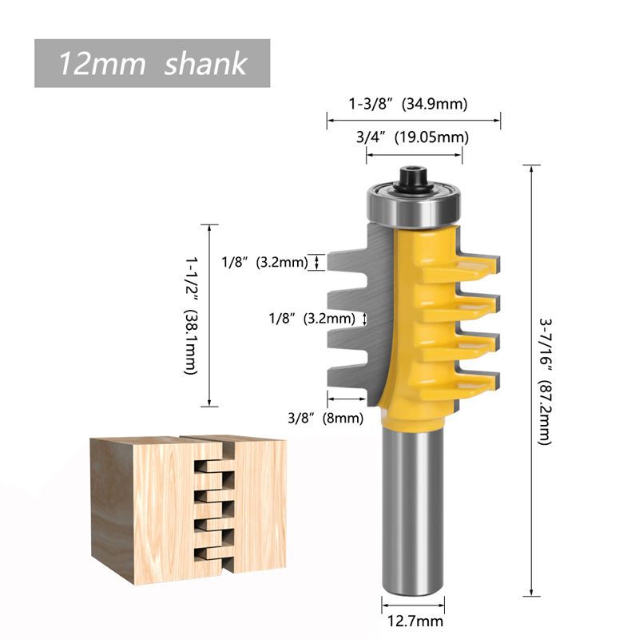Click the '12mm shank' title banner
click(152, 63)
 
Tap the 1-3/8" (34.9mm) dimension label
click(407, 103)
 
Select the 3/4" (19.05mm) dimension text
click(412, 137)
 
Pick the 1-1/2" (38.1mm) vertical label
click(189, 316)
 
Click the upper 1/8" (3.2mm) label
click(264, 261)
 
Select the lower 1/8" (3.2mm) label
click(312, 318)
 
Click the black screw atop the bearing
click(413, 177)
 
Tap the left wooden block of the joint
click(144, 503)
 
